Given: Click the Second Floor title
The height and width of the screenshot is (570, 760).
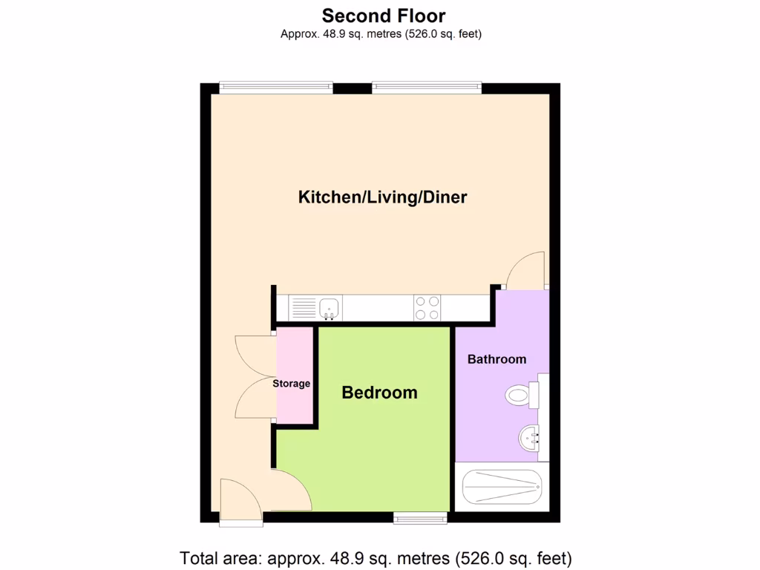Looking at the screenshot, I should (384, 15).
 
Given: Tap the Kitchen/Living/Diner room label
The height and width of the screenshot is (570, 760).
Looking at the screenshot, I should (382, 197).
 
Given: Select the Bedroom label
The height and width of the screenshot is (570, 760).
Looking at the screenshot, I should (379, 393).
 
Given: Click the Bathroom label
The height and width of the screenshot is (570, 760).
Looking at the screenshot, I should (497, 359).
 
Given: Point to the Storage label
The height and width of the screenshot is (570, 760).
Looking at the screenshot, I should (291, 384).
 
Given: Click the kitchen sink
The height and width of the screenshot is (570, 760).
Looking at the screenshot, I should (330, 307).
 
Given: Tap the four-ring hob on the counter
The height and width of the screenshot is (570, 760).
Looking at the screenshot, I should (427, 307).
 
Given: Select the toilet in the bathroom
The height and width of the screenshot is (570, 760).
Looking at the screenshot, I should (520, 396).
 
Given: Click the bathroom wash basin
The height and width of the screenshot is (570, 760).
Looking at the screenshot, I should (530, 438).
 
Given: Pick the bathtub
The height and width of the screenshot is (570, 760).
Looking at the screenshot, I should (502, 487).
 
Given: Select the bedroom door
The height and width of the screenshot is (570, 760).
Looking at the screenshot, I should (292, 490).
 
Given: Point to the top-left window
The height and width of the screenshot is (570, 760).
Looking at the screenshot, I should (275, 88).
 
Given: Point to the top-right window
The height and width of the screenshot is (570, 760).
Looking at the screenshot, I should (426, 88).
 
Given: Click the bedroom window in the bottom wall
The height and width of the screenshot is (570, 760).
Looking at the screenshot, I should (420, 518).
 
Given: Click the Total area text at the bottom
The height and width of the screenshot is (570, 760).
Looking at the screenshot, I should (376, 557).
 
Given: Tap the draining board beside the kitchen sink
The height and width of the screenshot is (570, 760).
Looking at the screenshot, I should (303, 307).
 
